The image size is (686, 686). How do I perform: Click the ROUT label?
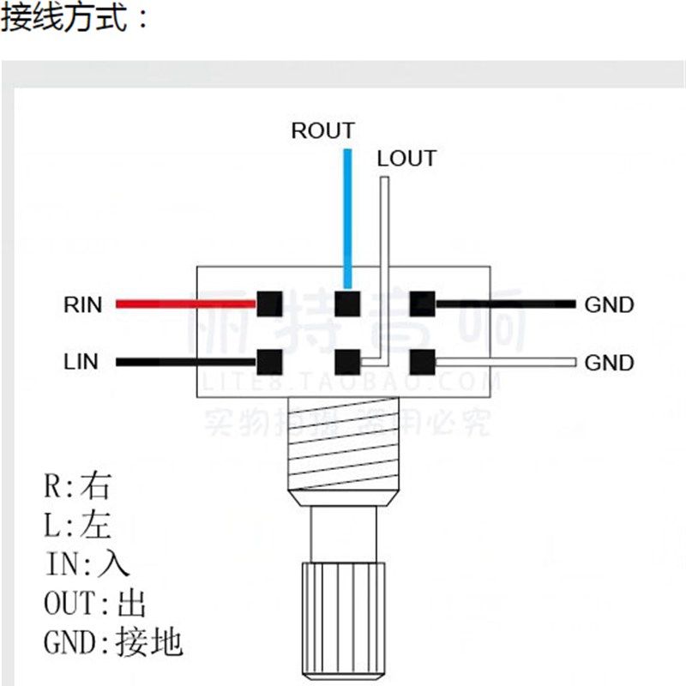[x=322, y=131]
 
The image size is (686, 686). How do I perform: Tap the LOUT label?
[x=406, y=159]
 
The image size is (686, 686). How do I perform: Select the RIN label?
[x=82, y=304]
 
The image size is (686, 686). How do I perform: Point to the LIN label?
[x=81, y=362]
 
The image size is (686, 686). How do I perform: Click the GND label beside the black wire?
[x=609, y=304]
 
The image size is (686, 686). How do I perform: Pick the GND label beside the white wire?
[x=609, y=363]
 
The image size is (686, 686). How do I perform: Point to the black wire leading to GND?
[x=506, y=304]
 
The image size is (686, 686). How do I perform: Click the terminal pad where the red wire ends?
[x=269, y=304]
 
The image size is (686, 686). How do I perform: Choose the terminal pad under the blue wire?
[x=347, y=304]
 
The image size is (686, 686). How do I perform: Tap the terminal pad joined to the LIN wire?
[x=269, y=361]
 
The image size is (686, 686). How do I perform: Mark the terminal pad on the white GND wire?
[x=422, y=361]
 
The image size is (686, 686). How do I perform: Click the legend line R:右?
[x=77, y=487]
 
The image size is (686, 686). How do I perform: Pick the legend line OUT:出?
[x=94, y=604]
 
